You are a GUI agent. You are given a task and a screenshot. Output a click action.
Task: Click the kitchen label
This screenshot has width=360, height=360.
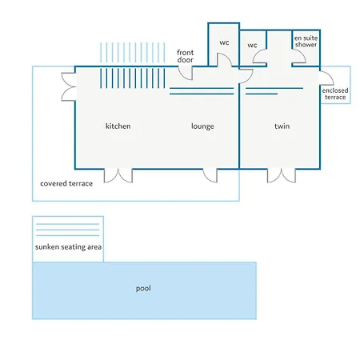coord(118,126)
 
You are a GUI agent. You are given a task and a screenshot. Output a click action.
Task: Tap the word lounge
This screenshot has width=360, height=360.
coord(202,126)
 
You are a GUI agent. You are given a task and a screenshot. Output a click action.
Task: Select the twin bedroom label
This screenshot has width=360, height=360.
coord(282,126)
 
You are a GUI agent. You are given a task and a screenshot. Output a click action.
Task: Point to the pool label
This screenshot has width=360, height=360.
coord(143,288)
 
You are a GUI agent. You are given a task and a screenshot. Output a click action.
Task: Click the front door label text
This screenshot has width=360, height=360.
coord(186,56)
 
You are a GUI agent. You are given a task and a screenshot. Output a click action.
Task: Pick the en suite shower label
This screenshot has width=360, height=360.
coord(306,42)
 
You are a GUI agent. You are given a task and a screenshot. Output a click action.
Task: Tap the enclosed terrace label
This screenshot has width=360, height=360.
coord(335,94)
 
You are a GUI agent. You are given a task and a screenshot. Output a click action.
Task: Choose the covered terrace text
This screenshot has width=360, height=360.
coord(66,183)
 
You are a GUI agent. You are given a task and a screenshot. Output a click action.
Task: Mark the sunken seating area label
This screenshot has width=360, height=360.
coord(68,247)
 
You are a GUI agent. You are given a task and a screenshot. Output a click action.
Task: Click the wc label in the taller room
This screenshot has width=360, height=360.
coord(224,42)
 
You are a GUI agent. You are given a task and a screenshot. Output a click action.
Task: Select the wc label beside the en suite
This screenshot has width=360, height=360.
coord(252,45)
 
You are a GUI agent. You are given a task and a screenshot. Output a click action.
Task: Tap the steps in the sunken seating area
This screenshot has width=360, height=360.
coord(68,230)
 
